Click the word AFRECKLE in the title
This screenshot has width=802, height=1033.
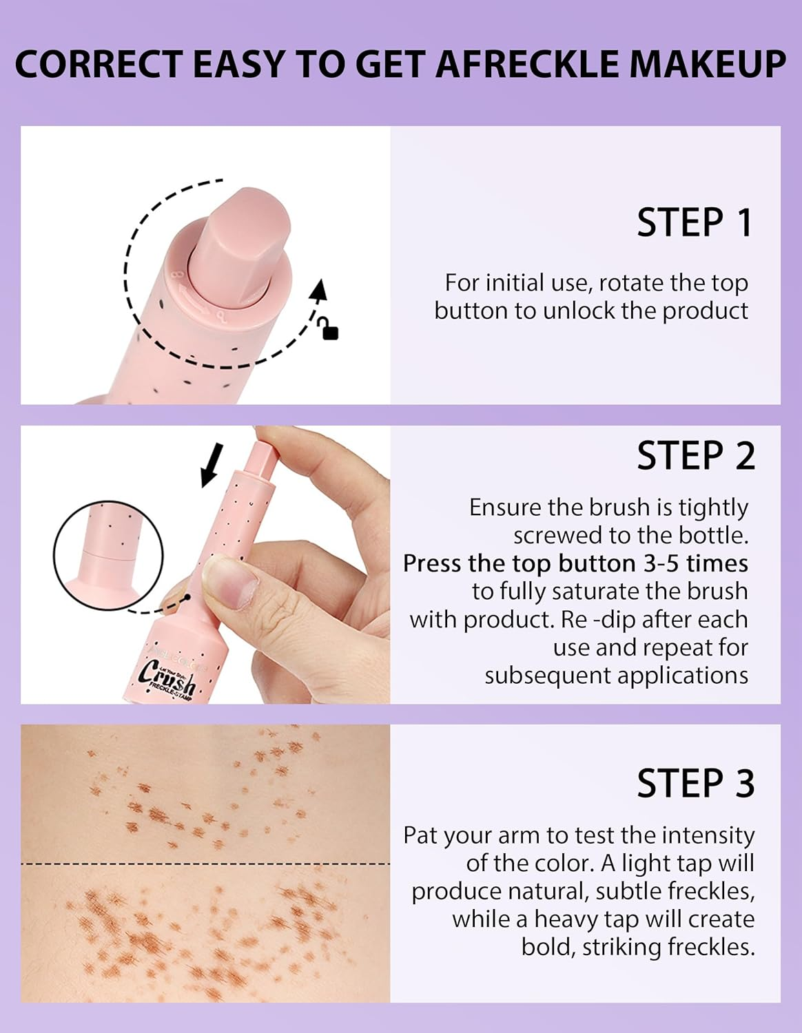pos(527,64)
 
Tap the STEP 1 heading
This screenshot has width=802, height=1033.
pos(694,223)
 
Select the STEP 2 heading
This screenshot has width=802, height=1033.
pos(695,456)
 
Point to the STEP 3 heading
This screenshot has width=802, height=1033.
pos(695,784)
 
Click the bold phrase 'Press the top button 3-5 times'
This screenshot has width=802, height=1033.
pos(575,563)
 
